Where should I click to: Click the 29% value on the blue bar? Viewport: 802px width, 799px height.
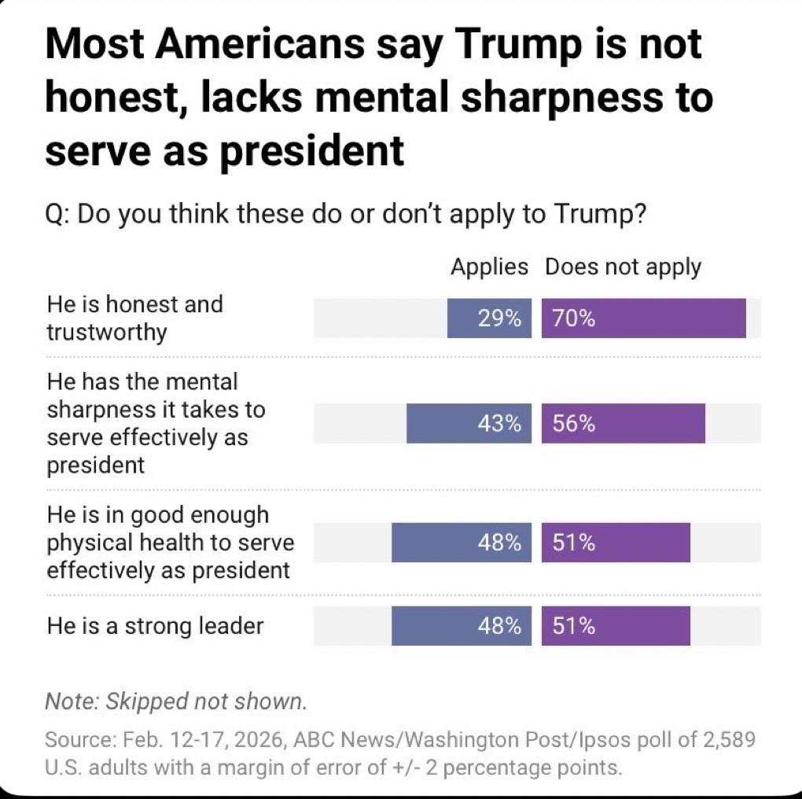500,318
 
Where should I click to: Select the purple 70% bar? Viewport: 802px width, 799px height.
643,318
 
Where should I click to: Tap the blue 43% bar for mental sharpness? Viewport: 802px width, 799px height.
469,424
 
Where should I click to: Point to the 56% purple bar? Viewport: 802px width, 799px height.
623,424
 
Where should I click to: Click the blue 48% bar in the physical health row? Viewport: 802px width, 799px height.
462,543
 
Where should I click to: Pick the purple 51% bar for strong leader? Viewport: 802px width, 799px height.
616,626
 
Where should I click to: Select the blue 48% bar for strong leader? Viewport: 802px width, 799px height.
462,626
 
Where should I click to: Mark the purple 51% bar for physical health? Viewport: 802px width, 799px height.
616,543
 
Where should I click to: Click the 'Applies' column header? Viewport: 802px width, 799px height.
489,267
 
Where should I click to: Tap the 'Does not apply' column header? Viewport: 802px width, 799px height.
623,267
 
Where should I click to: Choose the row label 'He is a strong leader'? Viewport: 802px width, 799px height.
155,626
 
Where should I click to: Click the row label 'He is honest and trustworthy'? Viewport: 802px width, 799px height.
134,318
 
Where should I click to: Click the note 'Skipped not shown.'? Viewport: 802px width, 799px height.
177,701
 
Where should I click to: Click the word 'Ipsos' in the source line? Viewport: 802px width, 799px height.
602,740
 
